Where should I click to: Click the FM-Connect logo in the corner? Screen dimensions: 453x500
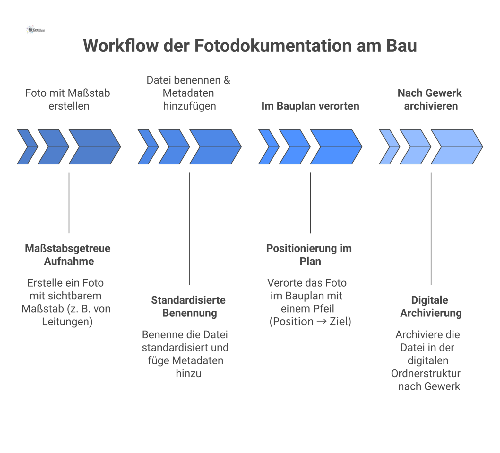click(x=35, y=30)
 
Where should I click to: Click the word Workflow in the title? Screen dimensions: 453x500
click(x=121, y=46)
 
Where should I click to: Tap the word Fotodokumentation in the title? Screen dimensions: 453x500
click(x=273, y=46)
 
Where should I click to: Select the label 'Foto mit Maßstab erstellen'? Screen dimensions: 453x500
click(x=68, y=99)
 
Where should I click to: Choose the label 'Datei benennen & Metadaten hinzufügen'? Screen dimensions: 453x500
click(x=189, y=93)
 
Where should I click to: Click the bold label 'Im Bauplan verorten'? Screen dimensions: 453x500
click(x=310, y=106)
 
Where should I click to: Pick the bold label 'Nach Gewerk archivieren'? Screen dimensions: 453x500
click(x=430, y=99)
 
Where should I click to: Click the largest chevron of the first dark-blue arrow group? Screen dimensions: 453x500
click(x=95, y=147)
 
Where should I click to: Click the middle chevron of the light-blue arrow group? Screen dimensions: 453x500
click(x=415, y=147)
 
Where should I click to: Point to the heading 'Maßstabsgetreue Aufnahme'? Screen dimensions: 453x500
click(x=68, y=254)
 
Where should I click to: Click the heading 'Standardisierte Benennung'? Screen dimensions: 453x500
click(x=189, y=306)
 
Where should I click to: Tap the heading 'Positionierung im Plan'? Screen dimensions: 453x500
click(x=309, y=254)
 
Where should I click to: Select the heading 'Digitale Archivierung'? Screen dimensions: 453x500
click(x=430, y=306)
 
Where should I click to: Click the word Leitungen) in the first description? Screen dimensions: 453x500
click(x=67, y=322)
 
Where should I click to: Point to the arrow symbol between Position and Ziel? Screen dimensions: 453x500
click(x=321, y=322)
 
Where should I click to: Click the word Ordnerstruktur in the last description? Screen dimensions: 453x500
click(x=426, y=373)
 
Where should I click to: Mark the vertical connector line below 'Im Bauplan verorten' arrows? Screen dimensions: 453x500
click(x=310, y=202)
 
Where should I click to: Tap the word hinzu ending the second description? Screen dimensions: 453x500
click(x=189, y=373)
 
